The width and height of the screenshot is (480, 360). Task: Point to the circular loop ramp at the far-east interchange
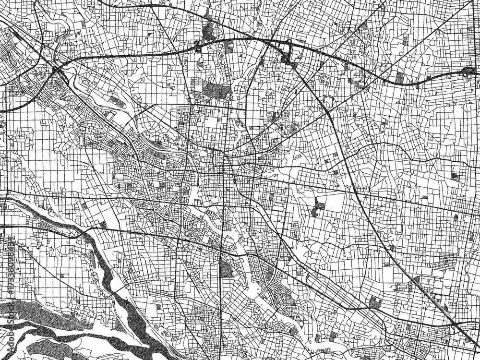[466, 72]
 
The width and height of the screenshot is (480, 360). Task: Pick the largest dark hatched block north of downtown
[211, 90]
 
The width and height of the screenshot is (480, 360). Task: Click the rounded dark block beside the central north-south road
[225, 269]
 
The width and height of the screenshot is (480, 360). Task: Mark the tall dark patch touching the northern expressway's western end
[209, 31]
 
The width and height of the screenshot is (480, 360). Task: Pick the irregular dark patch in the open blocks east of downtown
[317, 206]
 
